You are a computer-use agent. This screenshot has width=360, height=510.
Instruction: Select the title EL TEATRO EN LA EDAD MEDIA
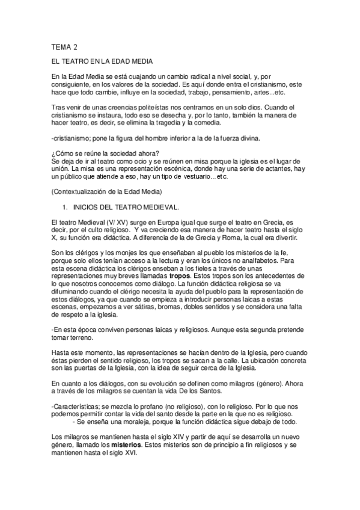(103, 62)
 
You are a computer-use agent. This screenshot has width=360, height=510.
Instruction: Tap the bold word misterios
(124, 444)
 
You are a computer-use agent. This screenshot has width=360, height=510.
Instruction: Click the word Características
(73, 405)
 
